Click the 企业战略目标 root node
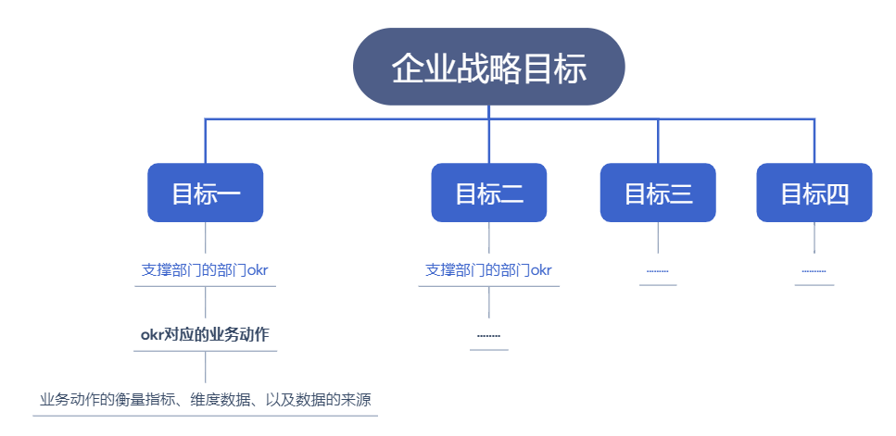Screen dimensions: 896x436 tap(488, 67)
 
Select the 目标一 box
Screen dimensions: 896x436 tap(205, 193)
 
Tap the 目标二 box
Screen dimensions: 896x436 tap(488, 193)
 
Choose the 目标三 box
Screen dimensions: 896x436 tap(658, 193)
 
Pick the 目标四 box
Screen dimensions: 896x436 tap(814, 193)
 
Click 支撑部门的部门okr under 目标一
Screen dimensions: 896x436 tap(205, 270)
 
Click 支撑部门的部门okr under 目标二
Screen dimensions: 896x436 tap(488, 270)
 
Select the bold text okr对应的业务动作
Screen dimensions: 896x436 tap(205, 335)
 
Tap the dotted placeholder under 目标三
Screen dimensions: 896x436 tap(658, 271)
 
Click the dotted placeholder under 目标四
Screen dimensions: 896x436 tap(814, 271)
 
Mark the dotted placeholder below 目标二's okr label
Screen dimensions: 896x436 tap(488, 335)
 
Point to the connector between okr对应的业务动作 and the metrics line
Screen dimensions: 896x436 tap(205, 367)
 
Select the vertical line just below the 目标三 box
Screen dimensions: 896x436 tap(658, 237)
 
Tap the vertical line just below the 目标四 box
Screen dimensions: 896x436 tap(814, 237)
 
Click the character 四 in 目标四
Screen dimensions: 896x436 tap(837, 194)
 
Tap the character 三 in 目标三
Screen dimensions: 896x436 tap(681, 194)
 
